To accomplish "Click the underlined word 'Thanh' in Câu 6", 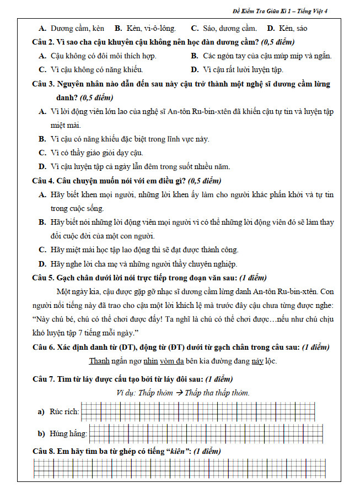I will [x=99, y=361].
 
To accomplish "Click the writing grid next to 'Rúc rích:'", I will [x=201, y=411].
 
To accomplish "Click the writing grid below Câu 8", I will [x=179, y=469].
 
